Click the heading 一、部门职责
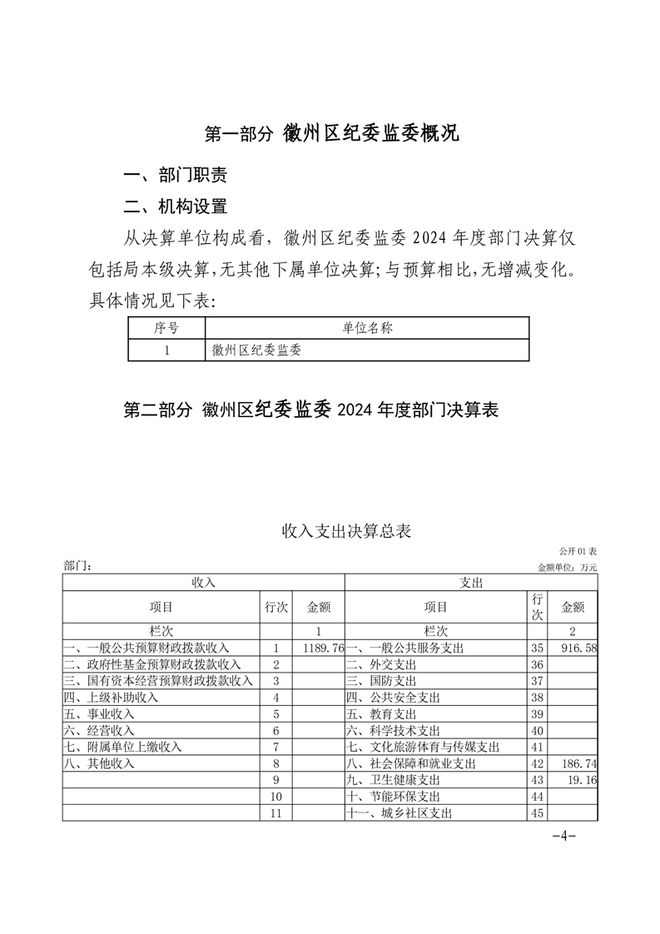[175, 176]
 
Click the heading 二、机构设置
[175, 206]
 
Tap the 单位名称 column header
[367, 328]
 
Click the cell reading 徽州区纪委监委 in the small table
[256, 350]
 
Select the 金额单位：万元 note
[568, 567]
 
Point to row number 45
[537, 813]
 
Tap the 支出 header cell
[471, 583]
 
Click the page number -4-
[563, 836]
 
